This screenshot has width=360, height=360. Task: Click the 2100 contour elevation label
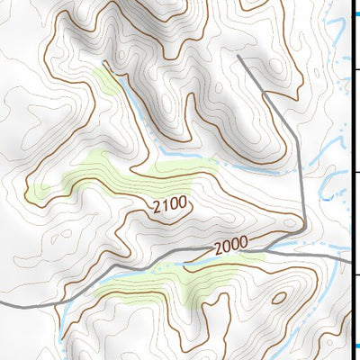click(x=170, y=205)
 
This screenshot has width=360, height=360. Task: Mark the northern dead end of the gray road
click(x=238, y=57)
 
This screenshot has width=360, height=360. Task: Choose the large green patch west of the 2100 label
click(x=90, y=175)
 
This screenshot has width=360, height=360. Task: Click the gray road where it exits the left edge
click(x=3, y=306)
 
